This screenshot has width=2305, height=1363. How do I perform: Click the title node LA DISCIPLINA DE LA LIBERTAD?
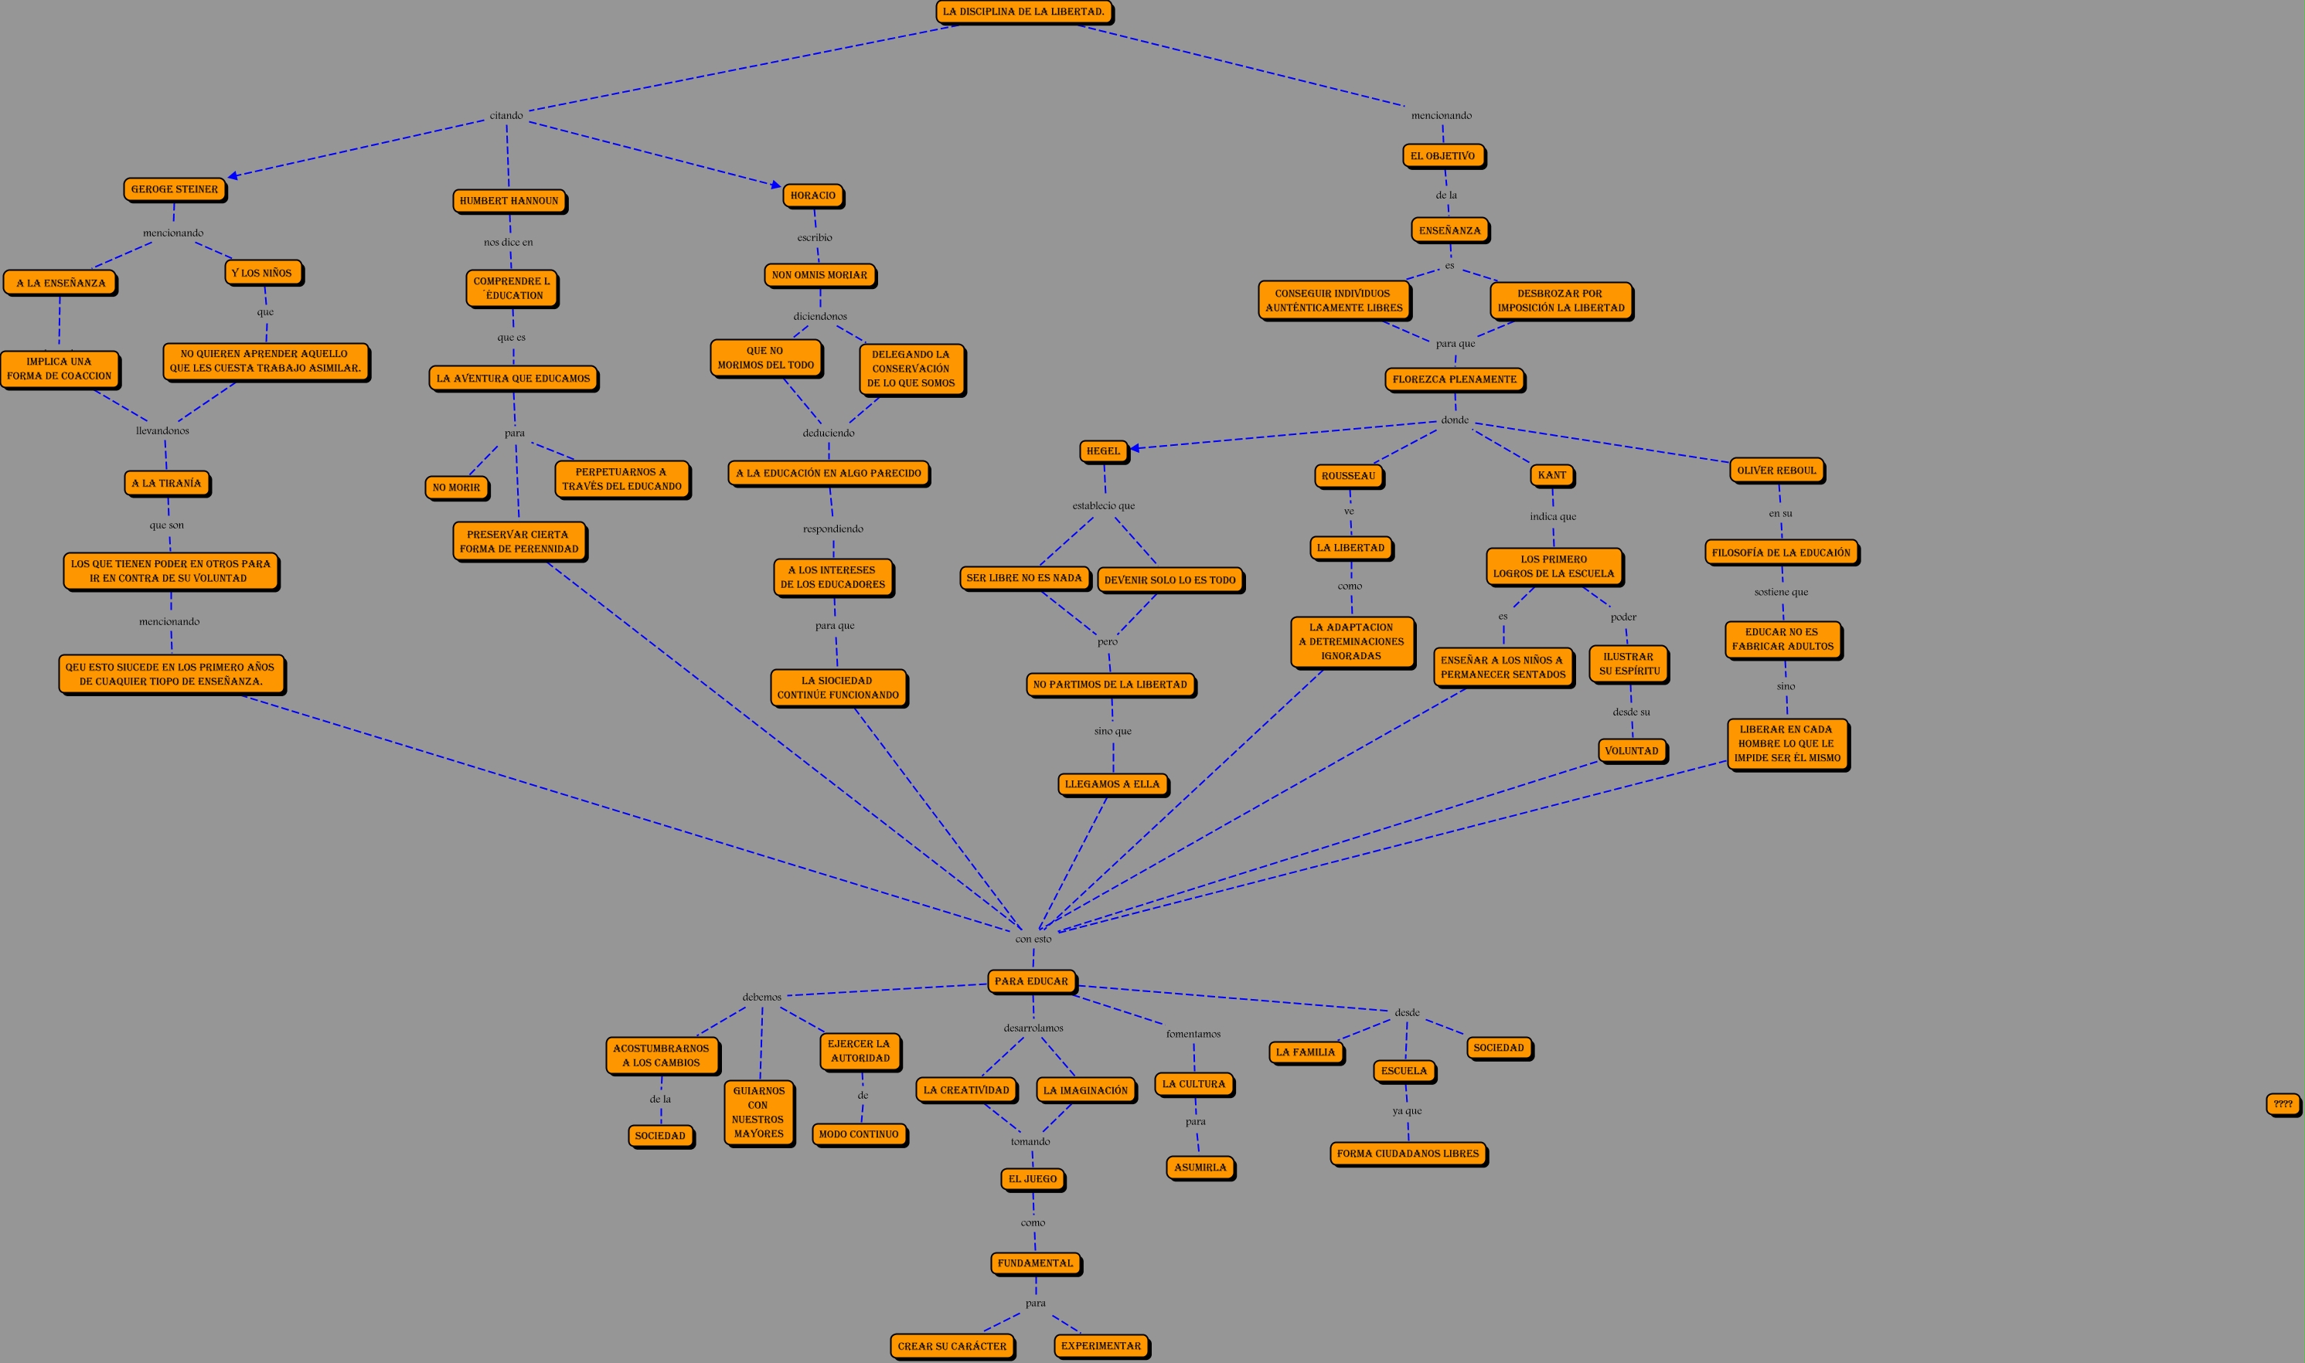click(x=1023, y=12)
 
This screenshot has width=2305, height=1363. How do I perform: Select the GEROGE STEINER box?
click(x=175, y=189)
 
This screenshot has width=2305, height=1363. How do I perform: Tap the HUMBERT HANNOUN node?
click(x=509, y=201)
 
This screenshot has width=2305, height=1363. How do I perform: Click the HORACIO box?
click(x=813, y=195)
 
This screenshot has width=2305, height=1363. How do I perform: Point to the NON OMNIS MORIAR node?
click(x=819, y=274)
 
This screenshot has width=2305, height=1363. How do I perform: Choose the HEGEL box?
click(x=1103, y=451)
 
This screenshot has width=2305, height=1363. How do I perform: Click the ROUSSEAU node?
click(x=1349, y=476)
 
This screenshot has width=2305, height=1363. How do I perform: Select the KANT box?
click(x=1551, y=475)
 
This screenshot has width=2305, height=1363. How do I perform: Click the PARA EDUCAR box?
click(x=1032, y=981)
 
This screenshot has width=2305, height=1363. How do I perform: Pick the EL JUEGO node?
click(x=1033, y=1178)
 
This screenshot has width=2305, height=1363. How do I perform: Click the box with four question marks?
click(x=2283, y=1104)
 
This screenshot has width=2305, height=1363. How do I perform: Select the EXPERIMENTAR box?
click(x=1101, y=1345)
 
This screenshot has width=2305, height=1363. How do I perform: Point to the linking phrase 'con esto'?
click(x=1033, y=939)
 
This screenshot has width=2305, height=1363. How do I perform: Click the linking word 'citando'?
click(x=506, y=116)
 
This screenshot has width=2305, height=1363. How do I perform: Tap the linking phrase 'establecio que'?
click(x=1103, y=506)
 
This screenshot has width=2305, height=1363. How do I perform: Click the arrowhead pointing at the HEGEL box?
click(x=1135, y=448)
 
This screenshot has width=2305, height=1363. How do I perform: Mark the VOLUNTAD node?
click(x=1632, y=750)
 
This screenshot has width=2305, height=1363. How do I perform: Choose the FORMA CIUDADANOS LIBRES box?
click(x=1408, y=1154)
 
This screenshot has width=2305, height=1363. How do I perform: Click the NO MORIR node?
click(x=457, y=488)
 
